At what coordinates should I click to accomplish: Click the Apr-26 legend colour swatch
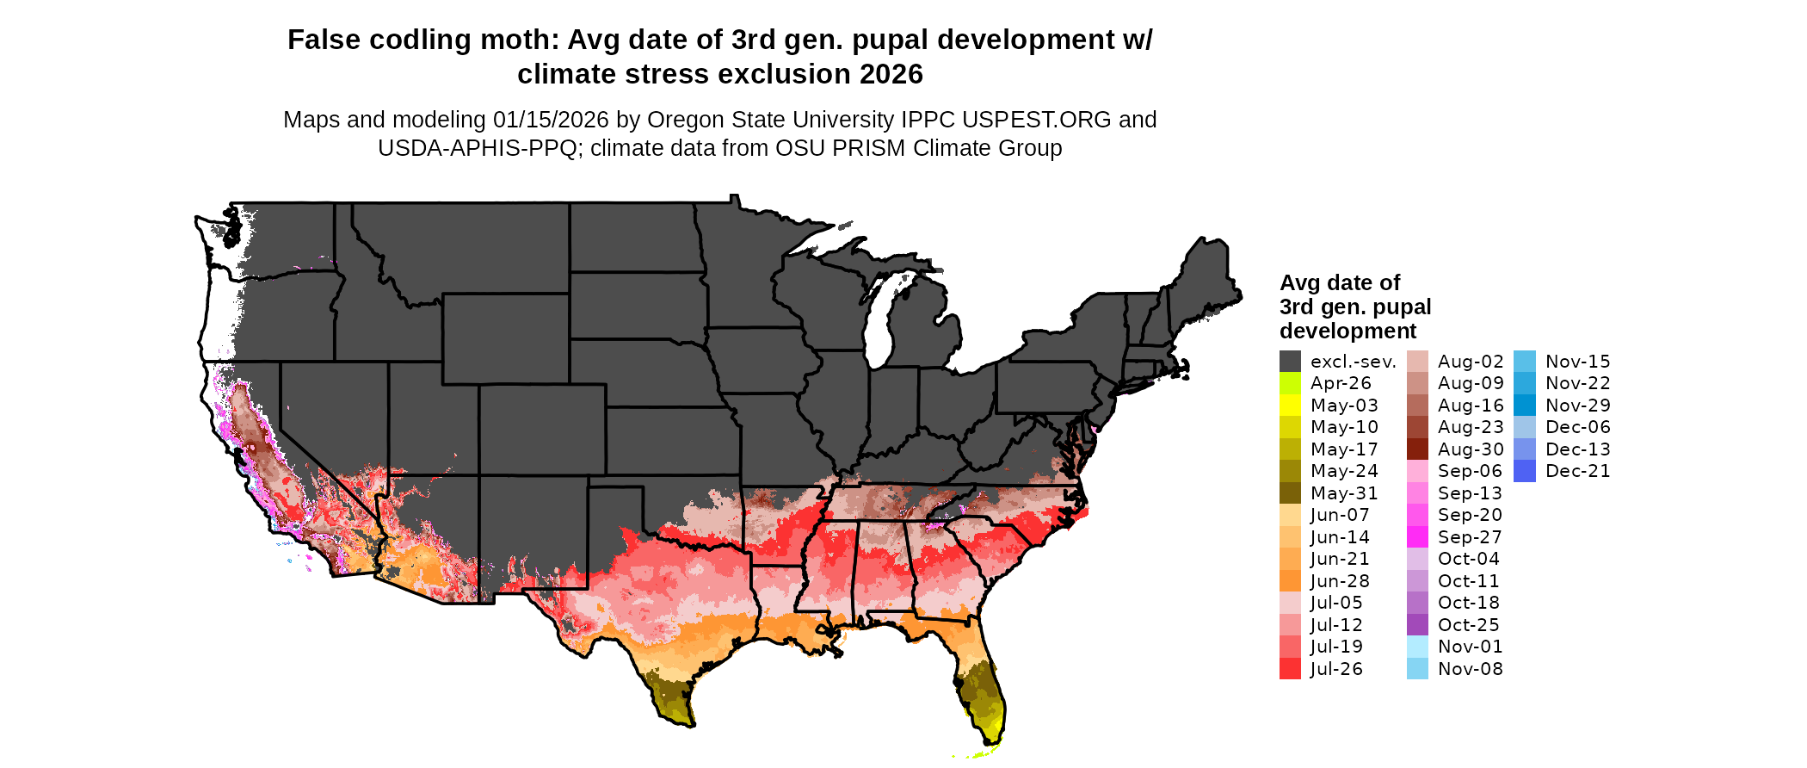coord(1290,383)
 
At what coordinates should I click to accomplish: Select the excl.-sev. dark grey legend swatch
coord(1290,362)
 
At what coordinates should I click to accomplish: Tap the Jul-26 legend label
coord(1336,669)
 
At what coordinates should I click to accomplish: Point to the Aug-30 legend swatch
coord(1417,449)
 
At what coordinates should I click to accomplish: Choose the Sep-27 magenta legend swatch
coord(1417,537)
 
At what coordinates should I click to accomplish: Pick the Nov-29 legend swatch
coord(1524,406)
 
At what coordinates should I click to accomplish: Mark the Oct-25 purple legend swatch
coord(1417,625)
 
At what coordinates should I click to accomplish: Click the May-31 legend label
coord(1344,493)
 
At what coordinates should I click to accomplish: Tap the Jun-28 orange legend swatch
coord(1290,581)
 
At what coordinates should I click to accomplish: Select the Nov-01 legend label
coord(1470,647)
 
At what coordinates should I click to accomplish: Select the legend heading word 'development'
coord(1348,331)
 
